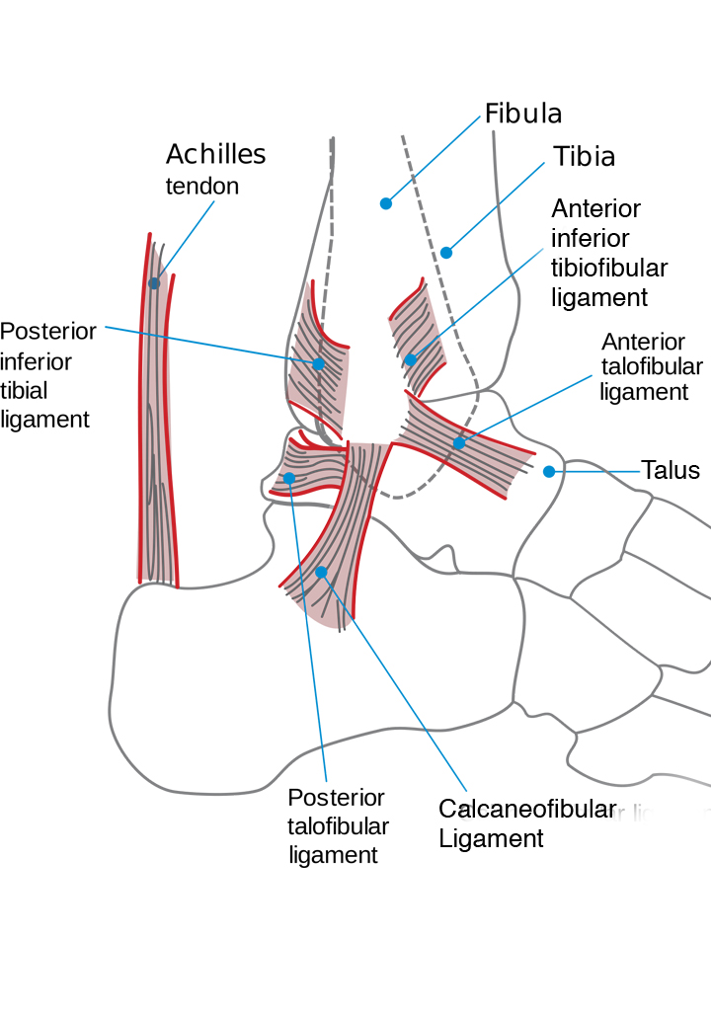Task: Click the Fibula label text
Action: click(522, 114)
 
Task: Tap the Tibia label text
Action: click(584, 156)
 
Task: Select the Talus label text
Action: click(671, 470)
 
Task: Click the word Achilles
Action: click(215, 155)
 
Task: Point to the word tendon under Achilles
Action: click(201, 187)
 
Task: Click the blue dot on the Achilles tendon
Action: click(154, 283)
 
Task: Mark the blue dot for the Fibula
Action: click(386, 203)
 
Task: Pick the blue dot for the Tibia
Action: click(446, 253)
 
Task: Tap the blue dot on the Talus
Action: click(549, 472)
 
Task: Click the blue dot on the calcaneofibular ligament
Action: click(321, 572)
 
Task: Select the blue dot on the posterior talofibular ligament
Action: click(289, 478)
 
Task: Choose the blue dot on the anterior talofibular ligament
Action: click(459, 443)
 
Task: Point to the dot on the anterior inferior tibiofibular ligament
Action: click(411, 360)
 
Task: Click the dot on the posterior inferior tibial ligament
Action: click(319, 364)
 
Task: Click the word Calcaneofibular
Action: click(527, 810)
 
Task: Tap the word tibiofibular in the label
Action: click(609, 268)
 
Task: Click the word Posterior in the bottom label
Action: click(336, 798)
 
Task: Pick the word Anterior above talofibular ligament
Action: click(643, 343)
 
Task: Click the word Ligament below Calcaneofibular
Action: click(491, 839)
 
